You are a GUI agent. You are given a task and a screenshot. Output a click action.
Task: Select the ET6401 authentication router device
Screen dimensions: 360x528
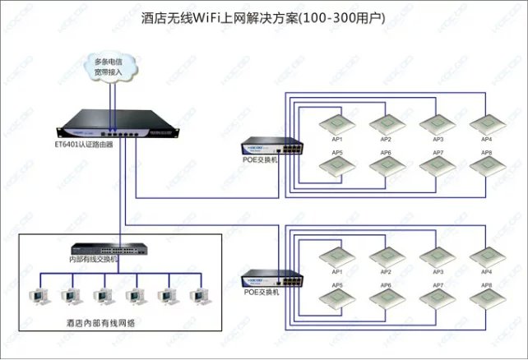114,125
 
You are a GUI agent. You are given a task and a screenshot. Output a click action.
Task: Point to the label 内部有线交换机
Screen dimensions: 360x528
94,260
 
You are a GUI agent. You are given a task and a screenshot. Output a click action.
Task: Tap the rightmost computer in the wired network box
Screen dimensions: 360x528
197,296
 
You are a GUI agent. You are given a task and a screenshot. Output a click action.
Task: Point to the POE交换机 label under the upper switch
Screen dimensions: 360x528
262,160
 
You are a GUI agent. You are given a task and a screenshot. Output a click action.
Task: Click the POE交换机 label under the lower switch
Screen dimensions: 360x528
262,291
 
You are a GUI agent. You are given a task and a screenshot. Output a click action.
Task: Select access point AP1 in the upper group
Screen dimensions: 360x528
336,123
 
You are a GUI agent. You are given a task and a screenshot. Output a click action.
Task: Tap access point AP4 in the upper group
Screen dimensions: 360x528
485,123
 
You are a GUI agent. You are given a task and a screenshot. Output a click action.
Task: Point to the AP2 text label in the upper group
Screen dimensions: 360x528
386,140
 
